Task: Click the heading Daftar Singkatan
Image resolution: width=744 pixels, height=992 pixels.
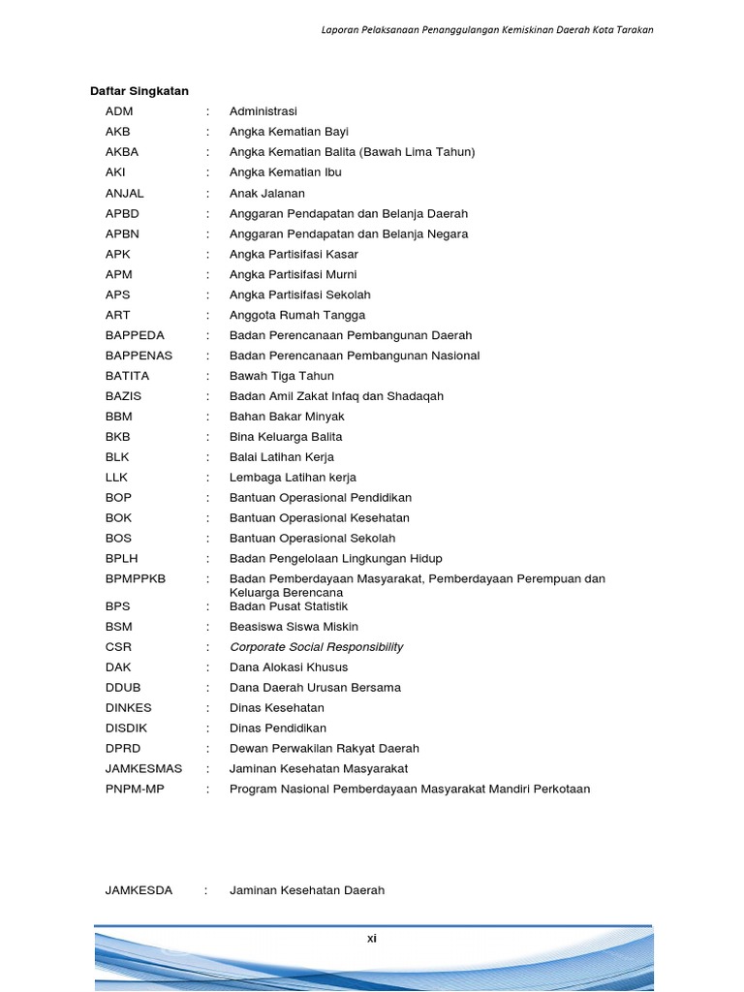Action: click(x=139, y=91)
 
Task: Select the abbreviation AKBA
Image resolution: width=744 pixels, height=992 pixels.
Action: click(x=122, y=152)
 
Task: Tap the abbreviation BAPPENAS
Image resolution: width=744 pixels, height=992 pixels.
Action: click(x=139, y=356)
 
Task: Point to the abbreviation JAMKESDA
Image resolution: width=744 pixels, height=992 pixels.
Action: click(x=139, y=890)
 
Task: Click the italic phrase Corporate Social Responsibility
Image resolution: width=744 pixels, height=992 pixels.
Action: click(x=316, y=647)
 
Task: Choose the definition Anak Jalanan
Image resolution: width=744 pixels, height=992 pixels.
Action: click(x=266, y=193)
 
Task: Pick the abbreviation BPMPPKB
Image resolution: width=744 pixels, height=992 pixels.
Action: click(x=136, y=578)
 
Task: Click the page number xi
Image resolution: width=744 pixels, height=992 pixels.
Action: click(x=372, y=938)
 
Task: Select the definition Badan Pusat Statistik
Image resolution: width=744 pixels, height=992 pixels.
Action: click(x=289, y=606)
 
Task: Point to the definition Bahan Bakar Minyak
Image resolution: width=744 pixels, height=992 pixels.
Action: click(x=287, y=417)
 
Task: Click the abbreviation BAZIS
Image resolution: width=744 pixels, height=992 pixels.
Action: click(x=124, y=396)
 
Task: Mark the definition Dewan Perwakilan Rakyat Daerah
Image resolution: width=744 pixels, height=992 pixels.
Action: click(x=325, y=748)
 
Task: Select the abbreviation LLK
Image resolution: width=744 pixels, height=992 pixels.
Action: click(x=116, y=478)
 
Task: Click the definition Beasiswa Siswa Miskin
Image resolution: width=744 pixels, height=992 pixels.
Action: click(x=294, y=627)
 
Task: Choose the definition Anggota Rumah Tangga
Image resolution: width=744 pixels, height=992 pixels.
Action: click(x=297, y=315)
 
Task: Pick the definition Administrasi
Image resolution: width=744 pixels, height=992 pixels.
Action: click(x=263, y=111)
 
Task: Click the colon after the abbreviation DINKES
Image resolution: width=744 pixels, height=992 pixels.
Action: click(x=207, y=708)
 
